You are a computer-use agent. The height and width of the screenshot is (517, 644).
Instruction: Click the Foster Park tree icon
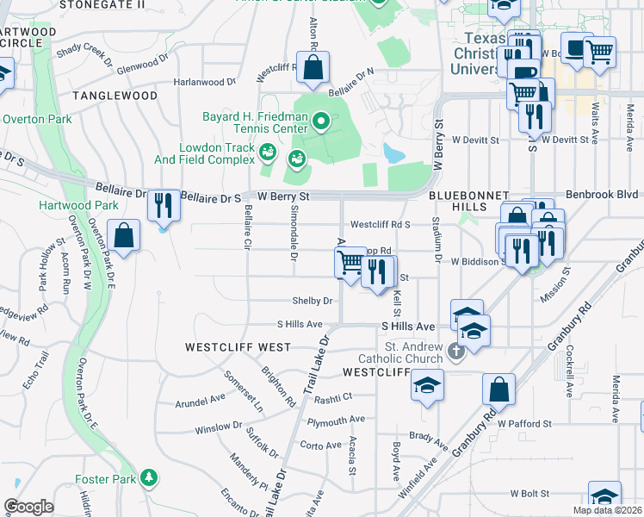pyautogui.click(x=150, y=477)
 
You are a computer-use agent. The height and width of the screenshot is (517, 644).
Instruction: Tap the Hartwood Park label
pyautogui.click(x=79, y=205)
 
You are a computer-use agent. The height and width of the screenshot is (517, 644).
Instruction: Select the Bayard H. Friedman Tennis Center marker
pyautogui.click(x=321, y=121)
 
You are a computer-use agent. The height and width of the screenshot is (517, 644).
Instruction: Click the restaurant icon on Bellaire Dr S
pyautogui.click(x=163, y=205)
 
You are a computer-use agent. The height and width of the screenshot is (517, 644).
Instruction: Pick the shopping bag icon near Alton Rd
pyautogui.click(x=313, y=66)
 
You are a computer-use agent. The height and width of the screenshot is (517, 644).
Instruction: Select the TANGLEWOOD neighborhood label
pyautogui.click(x=115, y=96)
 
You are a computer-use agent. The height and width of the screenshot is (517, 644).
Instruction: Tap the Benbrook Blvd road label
pyautogui.click(x=600, y=196)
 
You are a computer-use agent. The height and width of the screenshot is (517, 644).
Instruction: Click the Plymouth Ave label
pyautogui.click(x=337, y=421)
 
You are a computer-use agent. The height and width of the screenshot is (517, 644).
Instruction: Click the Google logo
pyautogui.click(x=28, y=507)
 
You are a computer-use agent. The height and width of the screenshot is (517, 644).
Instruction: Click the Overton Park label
pyautogui.click(x=37, y=119)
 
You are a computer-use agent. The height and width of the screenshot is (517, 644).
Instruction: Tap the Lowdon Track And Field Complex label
pyautogui.click(x=217, y=153)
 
